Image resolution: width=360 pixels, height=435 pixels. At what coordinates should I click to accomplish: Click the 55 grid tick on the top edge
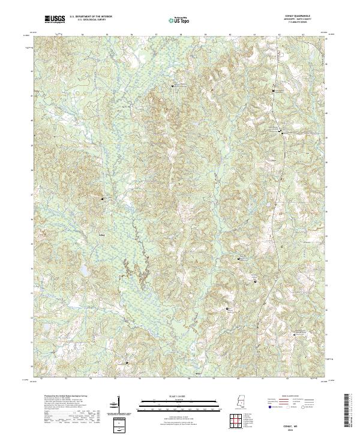(106, 35)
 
